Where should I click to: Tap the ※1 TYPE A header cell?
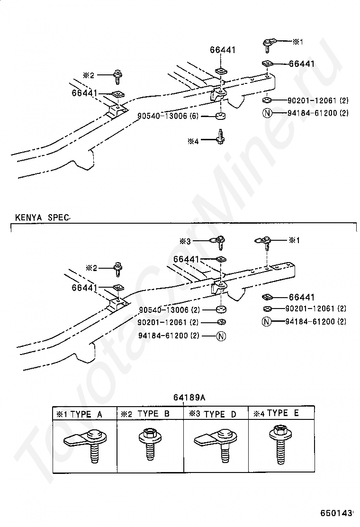click(80, 414)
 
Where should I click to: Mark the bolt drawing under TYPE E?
click(280, 443)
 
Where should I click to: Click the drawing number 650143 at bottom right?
click(337, 513)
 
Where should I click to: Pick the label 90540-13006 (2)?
click(169, 310)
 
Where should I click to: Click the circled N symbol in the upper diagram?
click(268, 113)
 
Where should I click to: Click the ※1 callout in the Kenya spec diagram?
click(295, 240)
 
